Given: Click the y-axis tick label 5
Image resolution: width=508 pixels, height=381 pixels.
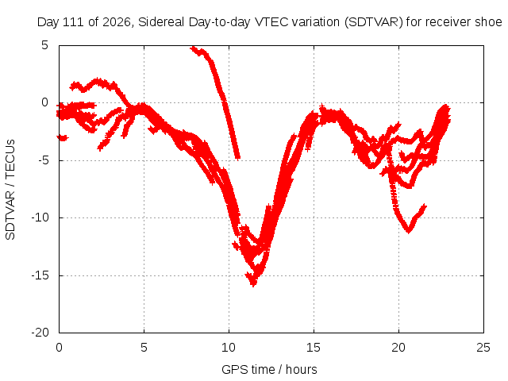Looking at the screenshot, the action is [44, 45].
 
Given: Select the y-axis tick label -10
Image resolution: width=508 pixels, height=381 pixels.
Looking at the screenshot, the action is [40, 217].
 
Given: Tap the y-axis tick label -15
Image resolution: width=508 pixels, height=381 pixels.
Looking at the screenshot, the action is [40, 275].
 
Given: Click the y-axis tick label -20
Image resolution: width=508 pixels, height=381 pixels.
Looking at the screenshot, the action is [40, 333].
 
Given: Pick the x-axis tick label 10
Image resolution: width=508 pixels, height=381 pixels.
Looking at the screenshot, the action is [229, 348].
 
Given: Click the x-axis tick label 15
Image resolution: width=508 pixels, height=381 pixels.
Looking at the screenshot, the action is [314, 348].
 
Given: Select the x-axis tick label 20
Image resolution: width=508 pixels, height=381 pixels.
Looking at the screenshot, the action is [398, 348].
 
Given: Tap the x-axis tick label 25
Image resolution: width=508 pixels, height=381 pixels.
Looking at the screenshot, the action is [483, 348].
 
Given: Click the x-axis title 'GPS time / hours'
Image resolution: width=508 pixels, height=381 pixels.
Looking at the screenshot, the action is [269, 370].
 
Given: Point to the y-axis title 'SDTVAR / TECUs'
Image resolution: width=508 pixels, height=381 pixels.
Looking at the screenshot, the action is [10, 190].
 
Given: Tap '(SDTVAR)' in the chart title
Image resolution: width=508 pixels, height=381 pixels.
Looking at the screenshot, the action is [374, 22].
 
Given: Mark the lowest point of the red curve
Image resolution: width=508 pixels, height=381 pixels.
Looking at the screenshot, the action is [253, 285].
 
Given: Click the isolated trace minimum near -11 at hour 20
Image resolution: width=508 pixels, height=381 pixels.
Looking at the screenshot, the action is [408, 231].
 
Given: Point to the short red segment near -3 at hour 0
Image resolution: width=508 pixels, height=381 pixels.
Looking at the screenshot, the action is [63, 138].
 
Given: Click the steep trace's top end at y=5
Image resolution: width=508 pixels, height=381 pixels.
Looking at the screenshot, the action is [193, 48].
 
